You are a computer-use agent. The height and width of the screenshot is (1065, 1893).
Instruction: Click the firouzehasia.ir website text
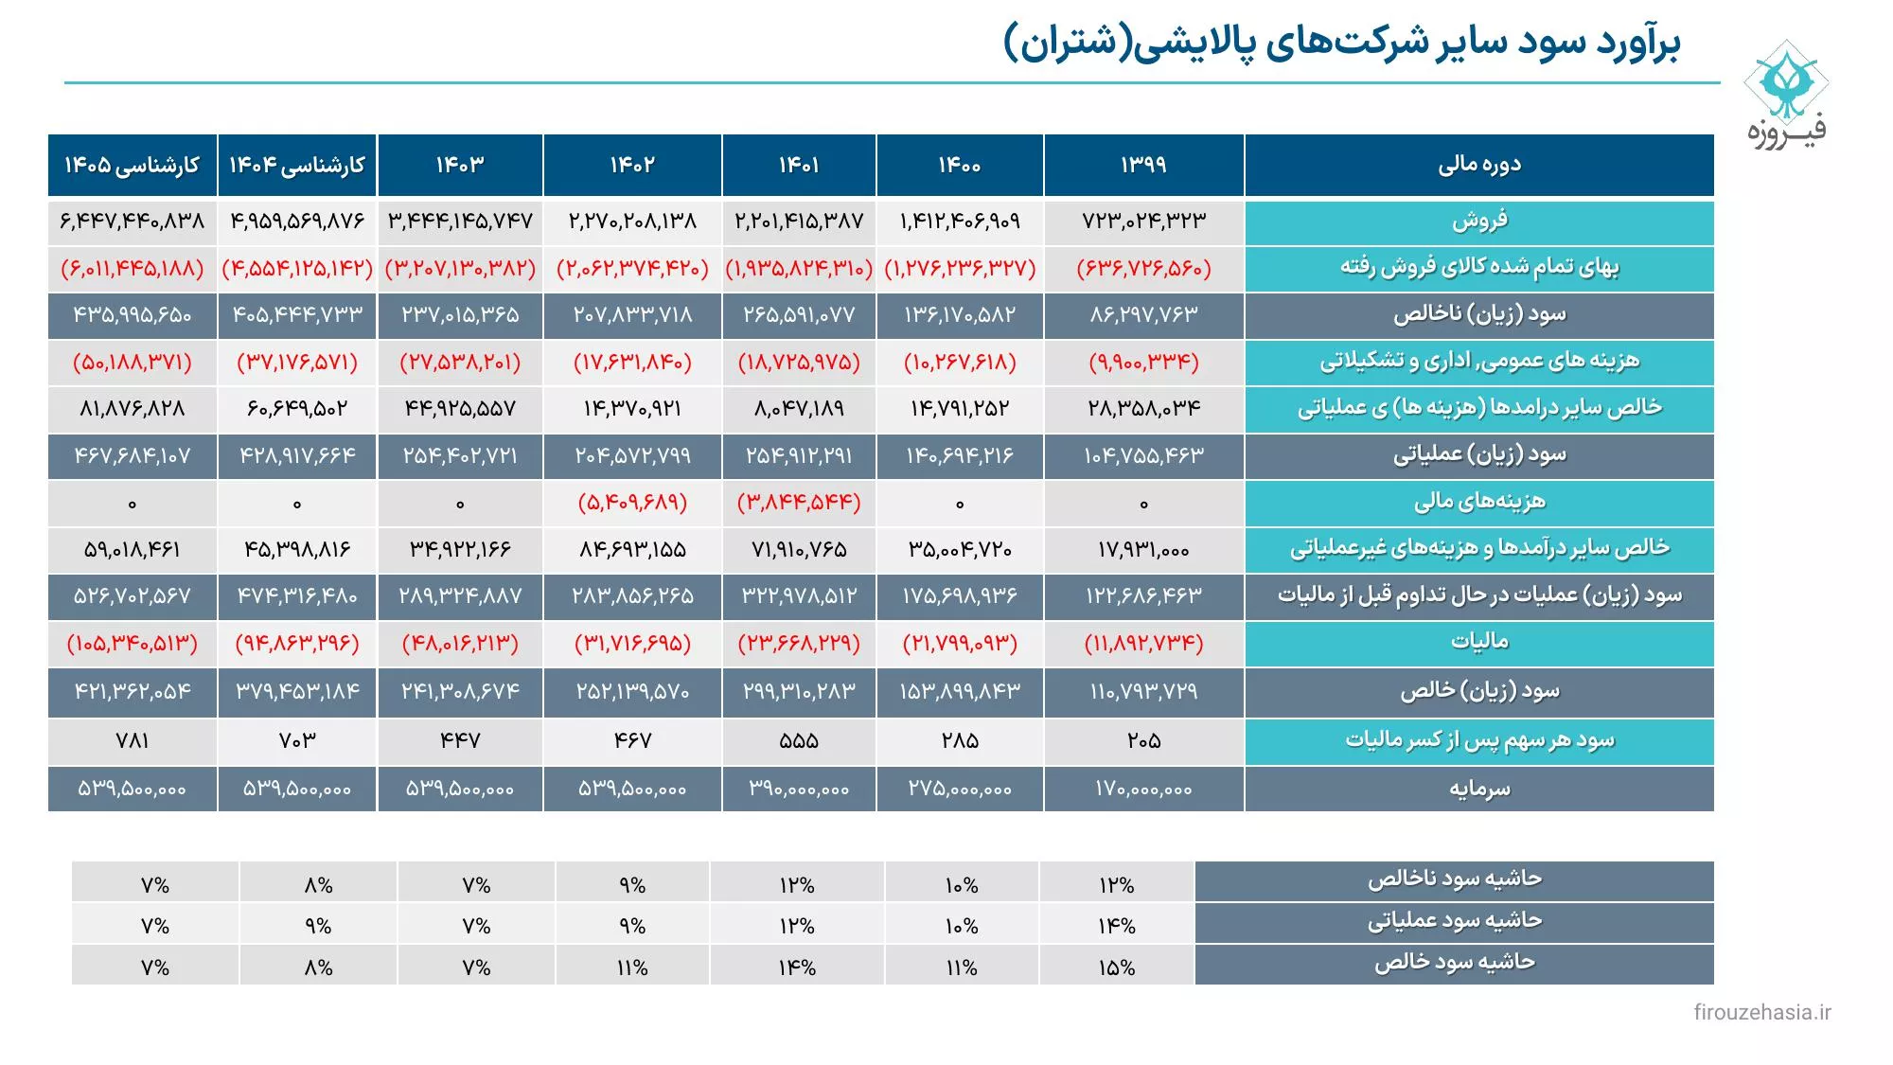(1761, 1012)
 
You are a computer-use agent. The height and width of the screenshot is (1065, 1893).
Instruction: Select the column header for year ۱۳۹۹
(1143, 165)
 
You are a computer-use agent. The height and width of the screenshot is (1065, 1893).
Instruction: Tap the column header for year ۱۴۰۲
(632, 165)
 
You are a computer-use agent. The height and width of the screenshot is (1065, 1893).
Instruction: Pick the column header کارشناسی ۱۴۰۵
(133, 165)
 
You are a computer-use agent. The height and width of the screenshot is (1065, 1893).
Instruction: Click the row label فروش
(1479, 222)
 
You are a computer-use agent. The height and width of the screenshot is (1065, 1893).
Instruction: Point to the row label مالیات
(1479, 643)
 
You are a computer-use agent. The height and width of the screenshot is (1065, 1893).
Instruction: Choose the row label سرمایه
(1479, 789)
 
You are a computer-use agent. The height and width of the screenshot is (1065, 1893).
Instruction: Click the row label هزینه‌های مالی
(1479, 503)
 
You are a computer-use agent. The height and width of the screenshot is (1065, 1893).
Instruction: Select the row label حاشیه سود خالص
(1455, 964)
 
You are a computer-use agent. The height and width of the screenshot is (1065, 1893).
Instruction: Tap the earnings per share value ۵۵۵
(799, 740)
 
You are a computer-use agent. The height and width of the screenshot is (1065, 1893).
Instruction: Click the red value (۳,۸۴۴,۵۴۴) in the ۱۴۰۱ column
(799, 503)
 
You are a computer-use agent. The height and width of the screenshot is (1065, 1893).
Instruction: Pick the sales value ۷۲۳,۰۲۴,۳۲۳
(1143, 222)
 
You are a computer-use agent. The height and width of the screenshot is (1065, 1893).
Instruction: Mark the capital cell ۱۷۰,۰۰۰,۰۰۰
(1143, 789)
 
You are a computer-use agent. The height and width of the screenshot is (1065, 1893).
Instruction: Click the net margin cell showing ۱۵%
(1117, 967)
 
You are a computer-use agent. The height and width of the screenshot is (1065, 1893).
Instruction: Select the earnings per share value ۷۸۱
(133, 740)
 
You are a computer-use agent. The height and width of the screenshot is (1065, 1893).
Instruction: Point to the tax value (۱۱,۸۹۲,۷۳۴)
(1143, 644)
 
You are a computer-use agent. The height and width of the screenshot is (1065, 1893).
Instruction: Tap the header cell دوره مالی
(1479, 165)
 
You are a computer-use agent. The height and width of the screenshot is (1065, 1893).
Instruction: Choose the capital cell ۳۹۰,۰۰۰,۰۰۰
(799, 789)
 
